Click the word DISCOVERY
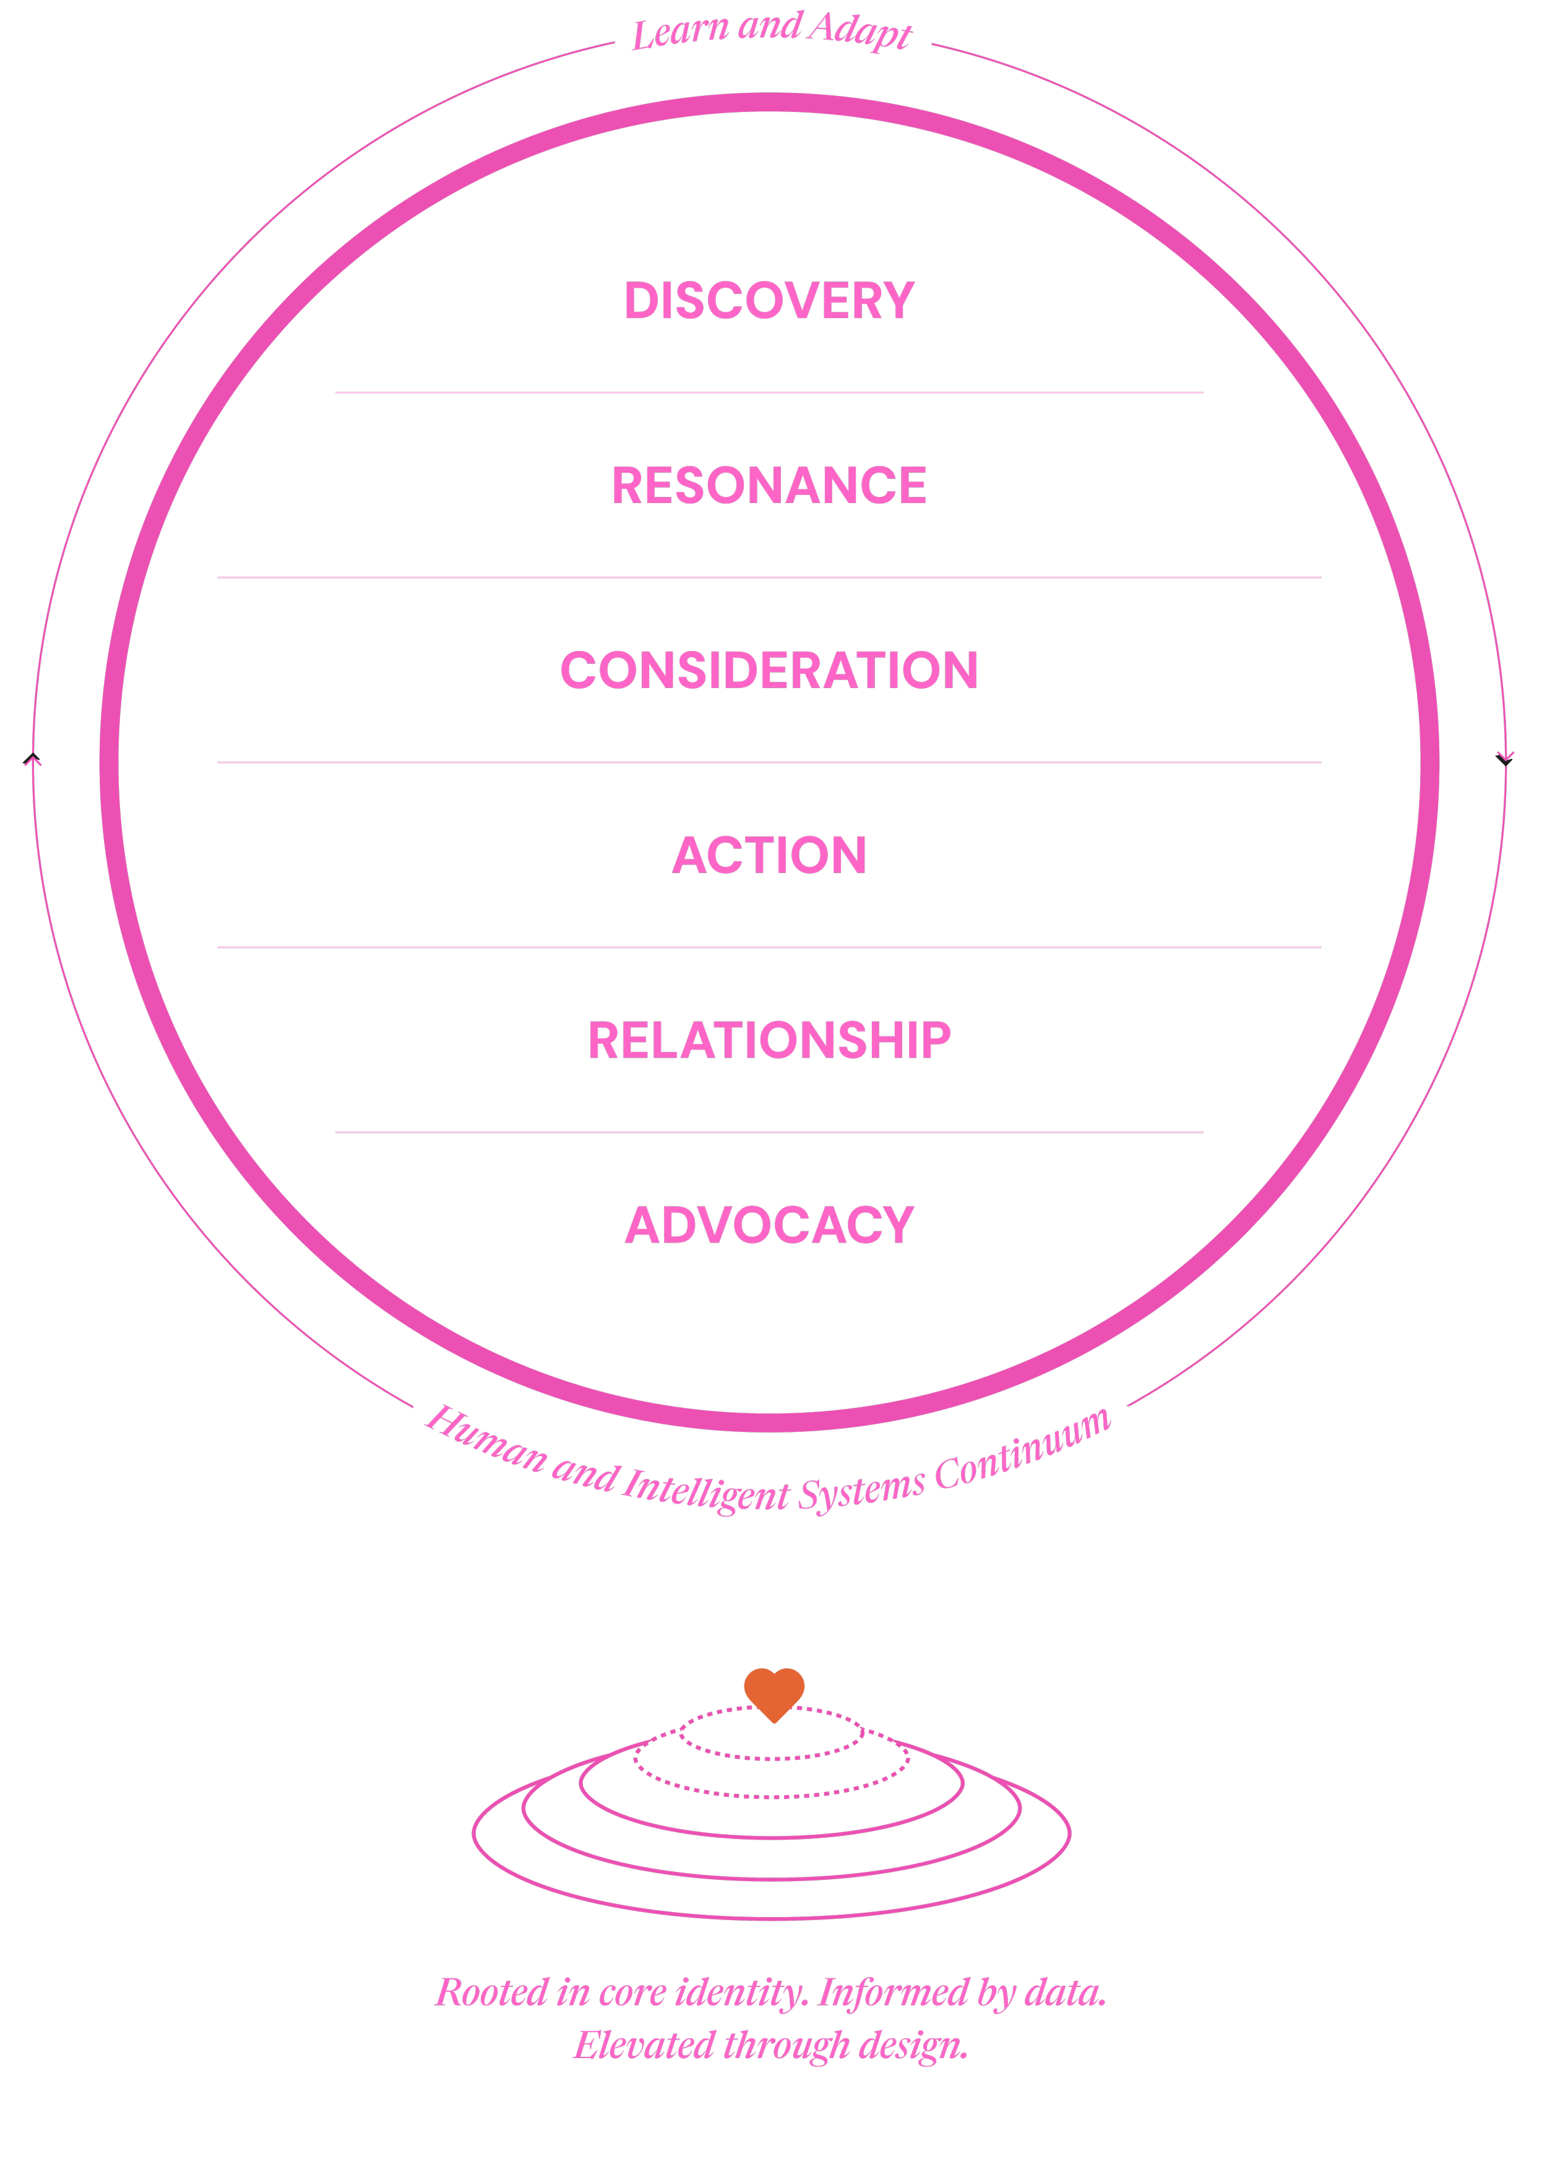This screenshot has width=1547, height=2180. click(x=769, y=301)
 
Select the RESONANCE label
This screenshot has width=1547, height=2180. click(x=769, y=486)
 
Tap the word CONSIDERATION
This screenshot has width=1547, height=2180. click(x=769, y=671)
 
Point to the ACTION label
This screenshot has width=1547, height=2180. click(x=769, y=855)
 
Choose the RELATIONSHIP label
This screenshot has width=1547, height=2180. click(x=769, y=1040)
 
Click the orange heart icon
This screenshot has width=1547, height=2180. click(x=773, y=1692)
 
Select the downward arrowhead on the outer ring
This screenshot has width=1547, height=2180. click(x=1505, y=758)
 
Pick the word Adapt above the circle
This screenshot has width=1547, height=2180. click(x=860, y=30)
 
